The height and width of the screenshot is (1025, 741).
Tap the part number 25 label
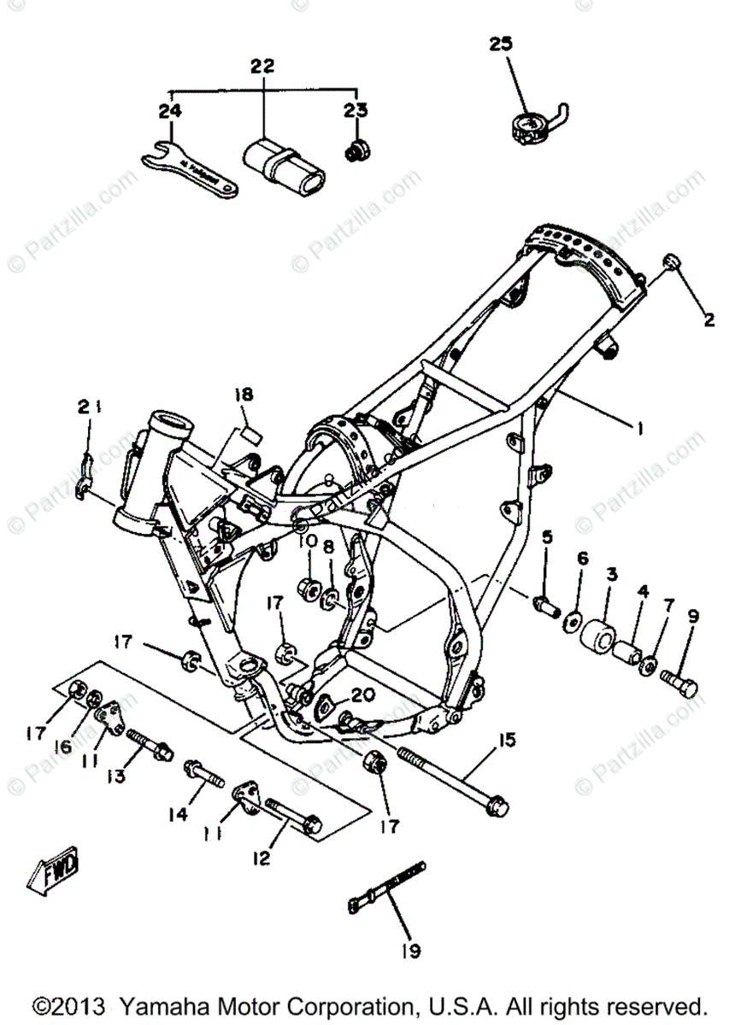pos(502,44)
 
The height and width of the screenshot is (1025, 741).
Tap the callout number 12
pos(262,857)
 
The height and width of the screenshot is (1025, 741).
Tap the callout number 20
pos(362,694)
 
